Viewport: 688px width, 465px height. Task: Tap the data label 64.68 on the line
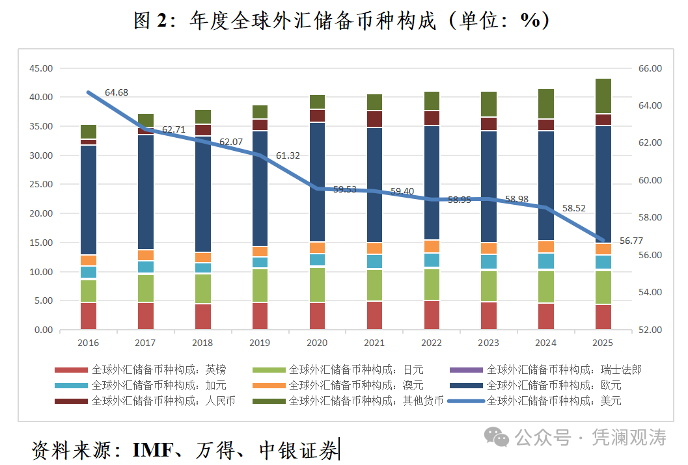[x=117, y=92]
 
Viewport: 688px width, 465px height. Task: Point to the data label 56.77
[x=631, y=241]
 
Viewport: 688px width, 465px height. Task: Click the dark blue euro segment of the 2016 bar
[x=89, y=199]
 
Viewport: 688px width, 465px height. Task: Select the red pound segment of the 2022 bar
[x=432, y=315]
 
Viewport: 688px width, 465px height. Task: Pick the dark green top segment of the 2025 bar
[x=603, y=96]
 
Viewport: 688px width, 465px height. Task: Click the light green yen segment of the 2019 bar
[x=260, y=285]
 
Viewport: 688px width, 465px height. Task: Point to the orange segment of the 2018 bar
[x=203, y=257]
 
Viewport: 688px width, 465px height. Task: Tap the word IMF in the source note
[x=151, y=449]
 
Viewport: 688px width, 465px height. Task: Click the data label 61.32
[x=288, y=155]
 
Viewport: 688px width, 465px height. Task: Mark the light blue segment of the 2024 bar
[x=546, y=261]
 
